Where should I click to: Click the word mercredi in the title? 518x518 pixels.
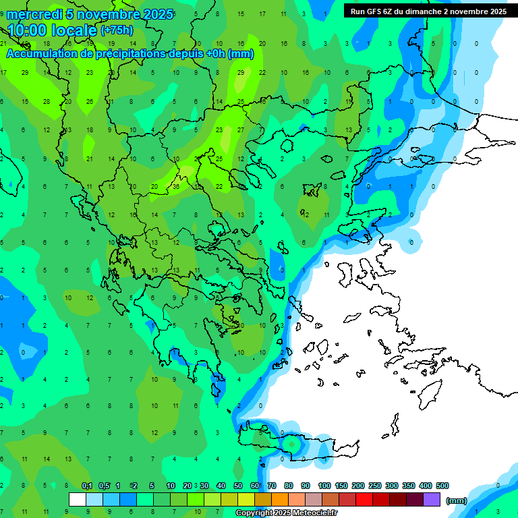pyautogui.click(x=34, y=13)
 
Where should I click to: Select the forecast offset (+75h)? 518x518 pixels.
pyautogui.click(x=117, y=30)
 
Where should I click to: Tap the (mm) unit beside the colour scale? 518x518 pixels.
pyautogui.click(x=456, y=500)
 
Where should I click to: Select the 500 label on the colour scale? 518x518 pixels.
pyautogui.click(x=442, y=486)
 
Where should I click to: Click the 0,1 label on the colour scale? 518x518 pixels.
pyautogui.click(x=87, y=486)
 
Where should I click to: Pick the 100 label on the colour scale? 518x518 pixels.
pyautogui.click(x=324, y=486)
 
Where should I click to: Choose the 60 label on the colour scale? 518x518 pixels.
pyautogui.click(x=255, y=486)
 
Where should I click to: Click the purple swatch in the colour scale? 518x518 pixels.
pyautogui.click(x=432, y=500)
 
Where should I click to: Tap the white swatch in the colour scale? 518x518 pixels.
pyautogui.click(x=78, y=500)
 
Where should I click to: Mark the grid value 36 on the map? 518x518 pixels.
pyautogui.click(x=176, y=187)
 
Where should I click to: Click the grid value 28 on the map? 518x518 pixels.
pyautogui.click(x=47, y=101)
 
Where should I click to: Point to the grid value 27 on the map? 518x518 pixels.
pyautogui.click(x=241, y=129)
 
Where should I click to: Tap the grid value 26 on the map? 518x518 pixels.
pyautogui.click(x=90, y=101)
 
